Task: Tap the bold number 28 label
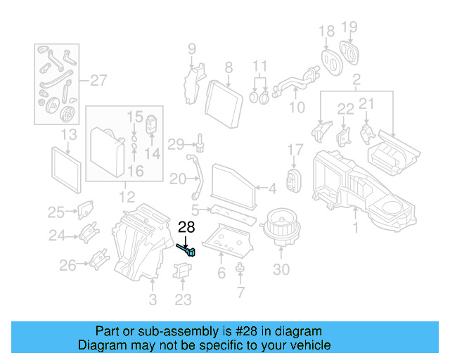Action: tap(186, 227)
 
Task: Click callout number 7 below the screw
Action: tap(240, 292)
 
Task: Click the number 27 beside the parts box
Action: tap(98, 80)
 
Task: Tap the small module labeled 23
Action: tap(183, 272)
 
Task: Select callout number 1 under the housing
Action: tap(356, 228)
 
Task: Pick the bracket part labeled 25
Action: tap(85, 210)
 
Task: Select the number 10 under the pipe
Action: tap(297, 108)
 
